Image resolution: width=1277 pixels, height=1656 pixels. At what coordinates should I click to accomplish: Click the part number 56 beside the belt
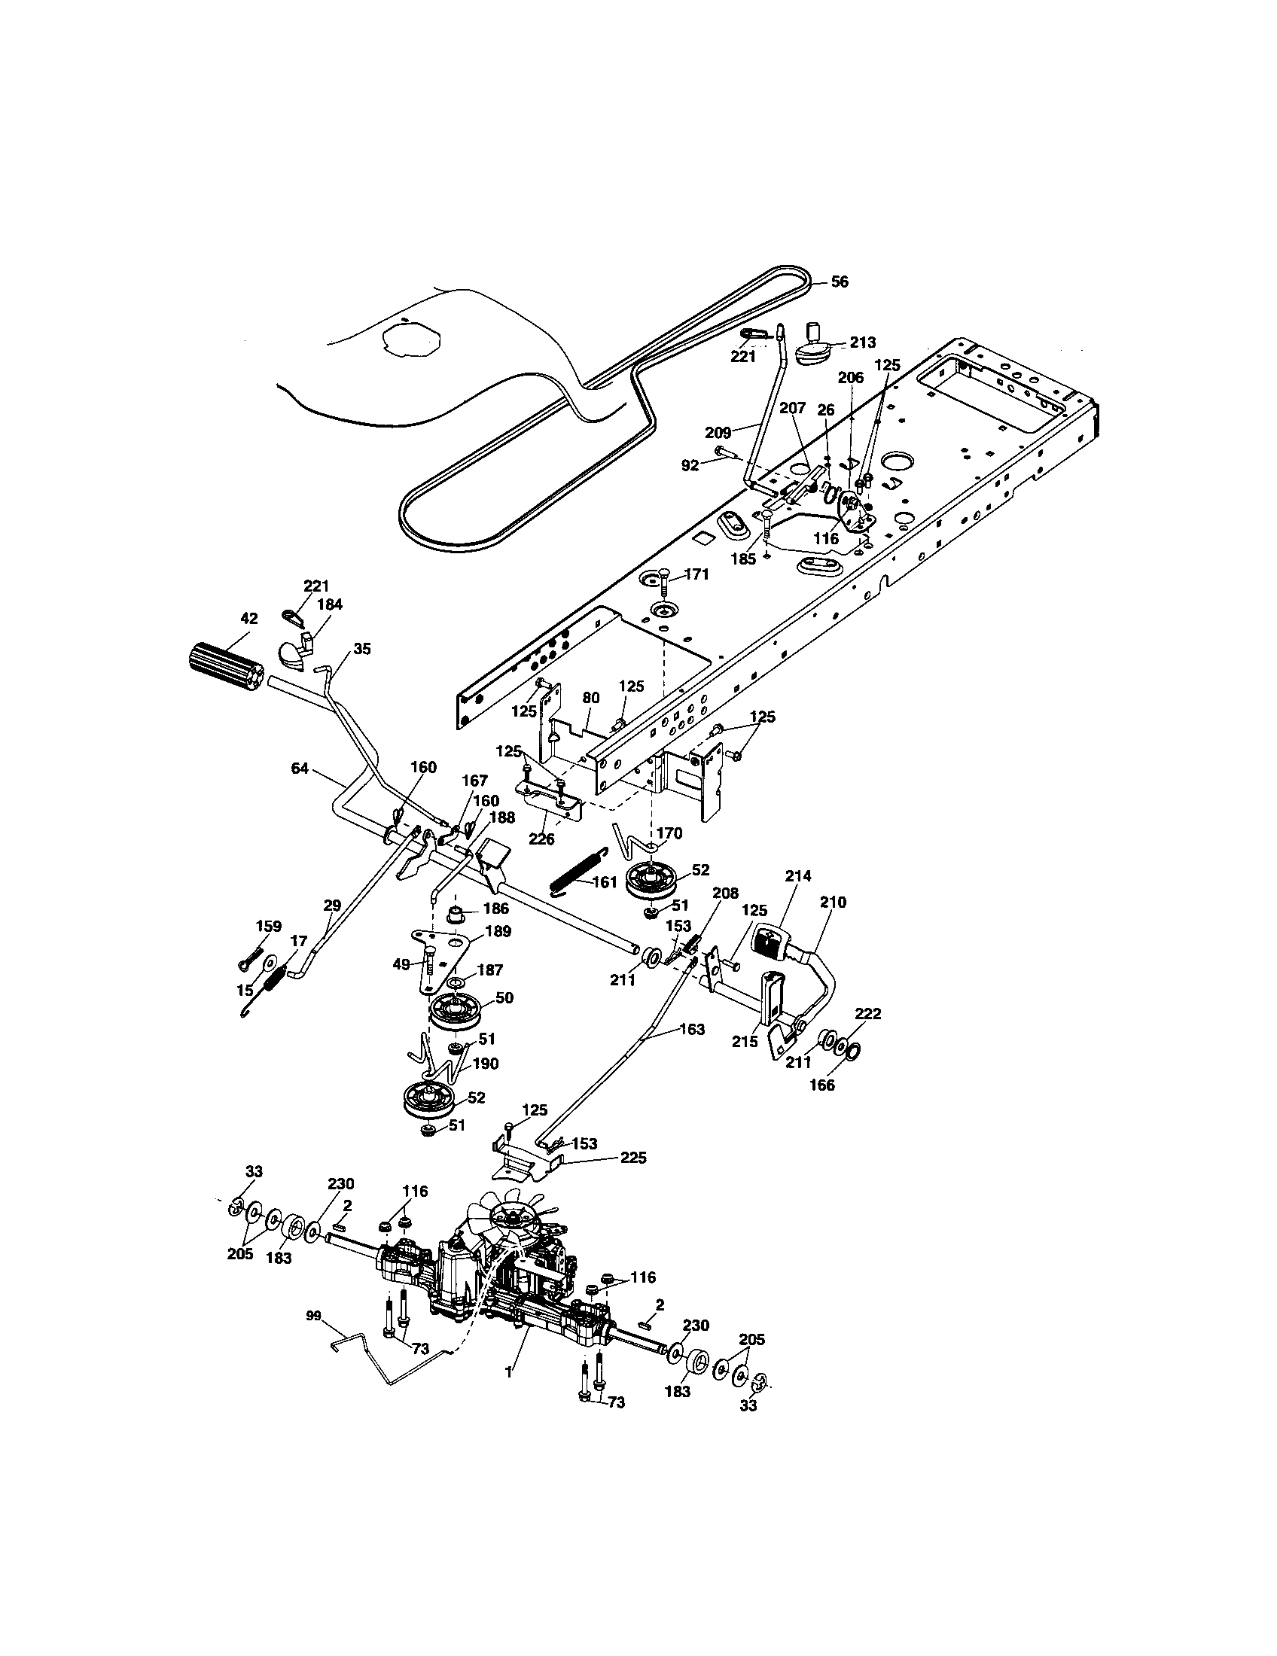(839, 282)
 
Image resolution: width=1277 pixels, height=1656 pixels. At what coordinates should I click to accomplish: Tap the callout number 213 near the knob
(863, 342)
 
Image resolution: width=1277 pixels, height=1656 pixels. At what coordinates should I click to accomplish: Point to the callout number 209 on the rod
(718, 433)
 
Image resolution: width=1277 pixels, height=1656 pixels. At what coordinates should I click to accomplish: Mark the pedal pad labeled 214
(770, 942)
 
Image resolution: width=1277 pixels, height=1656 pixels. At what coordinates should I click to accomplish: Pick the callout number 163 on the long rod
(691, 1029)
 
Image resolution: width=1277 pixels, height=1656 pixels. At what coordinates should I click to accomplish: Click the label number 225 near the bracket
(633, 1158)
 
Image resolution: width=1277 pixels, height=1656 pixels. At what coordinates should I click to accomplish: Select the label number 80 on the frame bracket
(591, 697)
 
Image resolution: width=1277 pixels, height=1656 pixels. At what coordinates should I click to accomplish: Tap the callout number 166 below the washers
(822, 1085)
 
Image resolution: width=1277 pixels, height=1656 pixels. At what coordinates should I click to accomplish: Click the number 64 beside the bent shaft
(300, 768)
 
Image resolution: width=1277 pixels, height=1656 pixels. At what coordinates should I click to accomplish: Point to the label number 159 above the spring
(269, 926)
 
